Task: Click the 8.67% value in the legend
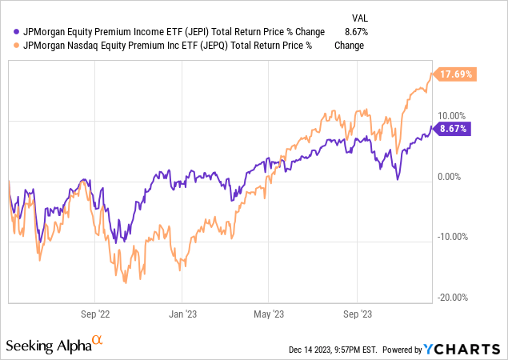pyautogui.click(x=349, y=32)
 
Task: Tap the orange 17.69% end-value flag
pyautogui.click(x=455, y=74)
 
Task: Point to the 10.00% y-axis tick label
pyautogui.click(x=454, y=115)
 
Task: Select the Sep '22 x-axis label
pyautogui.click(x=99, y=314)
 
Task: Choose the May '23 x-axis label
pyautogui.click(x=273, y=314)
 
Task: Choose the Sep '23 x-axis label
pyautogui.click(x=359, y=314)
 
